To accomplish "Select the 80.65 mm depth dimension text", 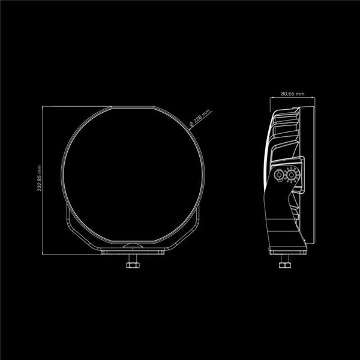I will [x=293, y=94].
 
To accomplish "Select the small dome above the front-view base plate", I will [x=133, y=245].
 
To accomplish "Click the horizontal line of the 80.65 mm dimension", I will [x=293, y=99].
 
